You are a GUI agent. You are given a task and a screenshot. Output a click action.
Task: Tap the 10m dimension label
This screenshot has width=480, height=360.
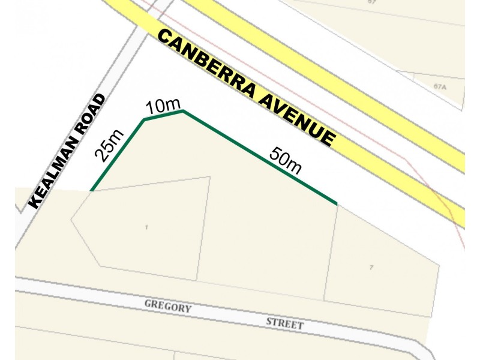[163, 106]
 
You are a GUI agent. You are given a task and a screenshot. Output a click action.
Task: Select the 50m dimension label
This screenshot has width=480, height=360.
[285, 160]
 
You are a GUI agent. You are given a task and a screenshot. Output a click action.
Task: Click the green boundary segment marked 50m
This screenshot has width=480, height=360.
[260, 158]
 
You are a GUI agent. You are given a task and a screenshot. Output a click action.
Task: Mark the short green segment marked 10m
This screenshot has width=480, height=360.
[163, 115]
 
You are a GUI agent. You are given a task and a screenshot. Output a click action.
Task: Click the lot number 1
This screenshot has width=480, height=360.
[146, 227]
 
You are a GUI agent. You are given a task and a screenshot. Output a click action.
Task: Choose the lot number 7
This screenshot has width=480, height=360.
[371, 267]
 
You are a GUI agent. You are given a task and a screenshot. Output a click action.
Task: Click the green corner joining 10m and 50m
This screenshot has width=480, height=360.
[182, 110]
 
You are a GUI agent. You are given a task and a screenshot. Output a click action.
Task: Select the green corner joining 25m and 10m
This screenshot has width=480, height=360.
[143, 120]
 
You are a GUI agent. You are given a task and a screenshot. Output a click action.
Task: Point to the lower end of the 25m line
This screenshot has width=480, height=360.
[91, 191]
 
